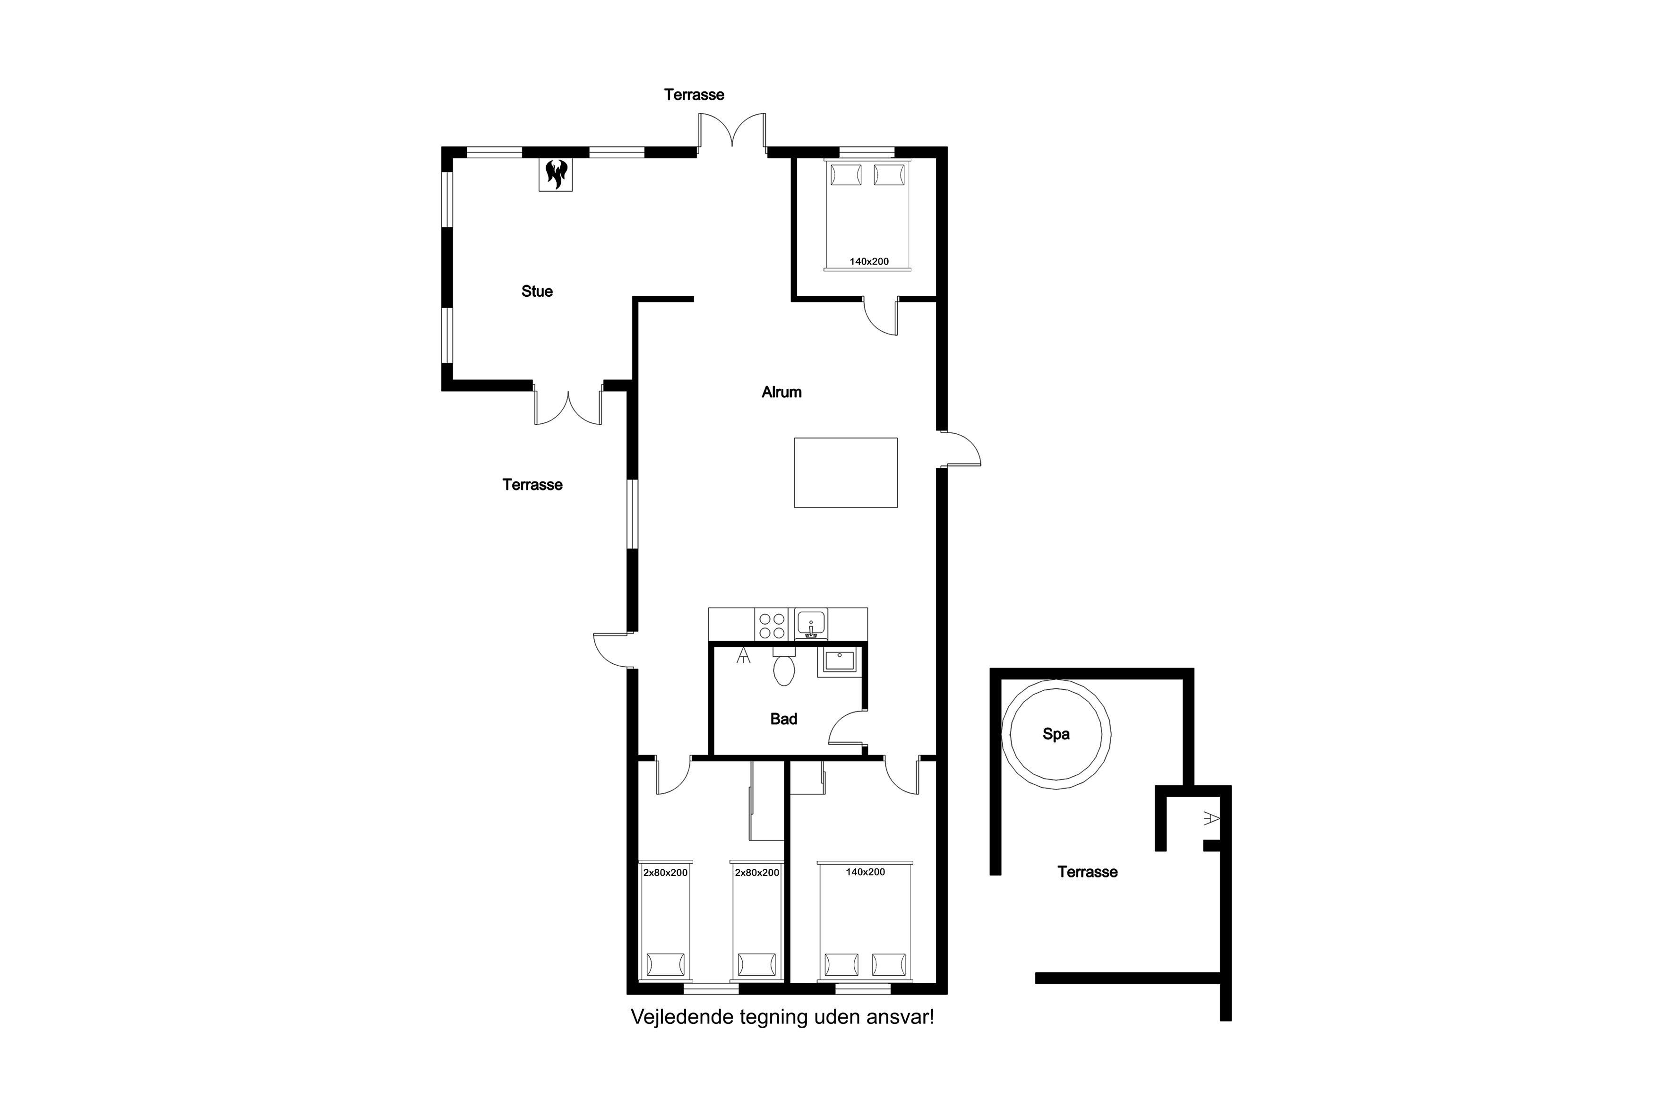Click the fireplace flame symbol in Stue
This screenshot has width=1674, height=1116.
point(556,174)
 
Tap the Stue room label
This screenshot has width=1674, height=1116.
point(537,291)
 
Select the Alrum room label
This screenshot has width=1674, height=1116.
point(781,392)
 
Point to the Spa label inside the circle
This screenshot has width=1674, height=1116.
point(1056,734)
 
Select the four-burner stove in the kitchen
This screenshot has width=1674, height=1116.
point(772,626)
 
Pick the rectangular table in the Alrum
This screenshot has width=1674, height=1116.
point(846,472)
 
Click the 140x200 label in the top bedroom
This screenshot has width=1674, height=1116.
point(869,261)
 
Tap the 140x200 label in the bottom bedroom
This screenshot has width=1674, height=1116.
point(866,872)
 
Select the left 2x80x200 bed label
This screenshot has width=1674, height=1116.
point(665,873)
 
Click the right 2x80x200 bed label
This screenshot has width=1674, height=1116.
point(757,873)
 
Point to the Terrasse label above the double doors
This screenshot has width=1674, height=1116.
point(694,94)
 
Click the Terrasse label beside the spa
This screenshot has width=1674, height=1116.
point(1088,872)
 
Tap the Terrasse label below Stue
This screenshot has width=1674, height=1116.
point(532,485)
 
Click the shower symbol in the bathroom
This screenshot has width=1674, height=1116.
point(743,655)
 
